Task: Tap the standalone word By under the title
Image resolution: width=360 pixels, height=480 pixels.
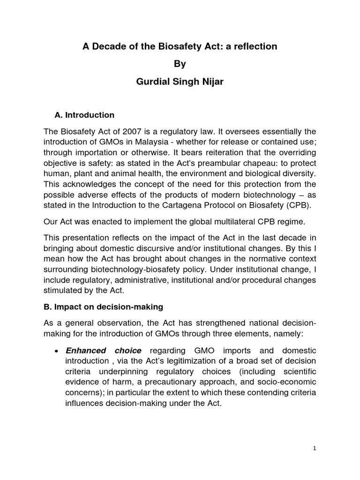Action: pos(180,64)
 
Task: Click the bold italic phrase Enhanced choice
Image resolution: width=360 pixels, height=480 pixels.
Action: pos(103,351)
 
